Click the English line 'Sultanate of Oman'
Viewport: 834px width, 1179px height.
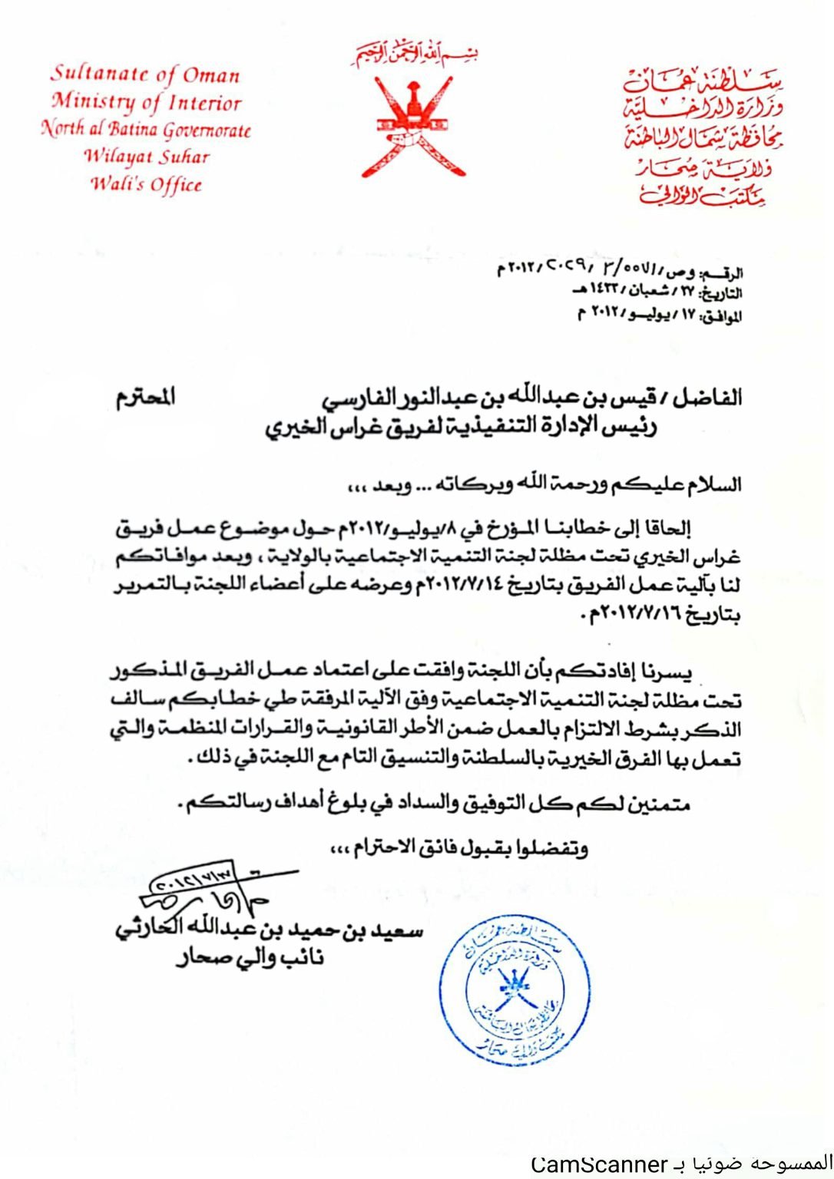point(146,74)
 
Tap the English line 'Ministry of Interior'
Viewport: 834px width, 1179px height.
point(147,102)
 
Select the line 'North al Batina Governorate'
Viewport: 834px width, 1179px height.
point(146,129)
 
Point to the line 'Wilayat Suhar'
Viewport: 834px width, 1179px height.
point(146,157)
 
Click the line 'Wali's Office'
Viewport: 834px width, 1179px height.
point(146,184)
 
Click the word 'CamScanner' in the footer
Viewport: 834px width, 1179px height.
point(600,1164)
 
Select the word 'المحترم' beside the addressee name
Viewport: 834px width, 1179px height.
point(146,397)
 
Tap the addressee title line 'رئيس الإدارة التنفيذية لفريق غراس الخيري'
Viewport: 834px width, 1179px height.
point(461,426)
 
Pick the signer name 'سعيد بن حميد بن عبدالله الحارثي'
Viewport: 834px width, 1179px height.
point(269,930)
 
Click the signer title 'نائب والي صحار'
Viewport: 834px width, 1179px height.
point(250,958)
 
